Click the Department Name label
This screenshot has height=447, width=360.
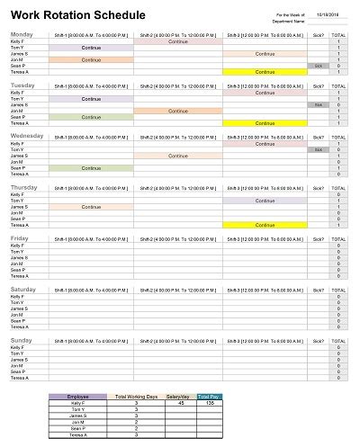[294, 22]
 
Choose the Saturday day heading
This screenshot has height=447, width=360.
[23, 290]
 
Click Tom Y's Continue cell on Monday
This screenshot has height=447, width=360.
[91, 48]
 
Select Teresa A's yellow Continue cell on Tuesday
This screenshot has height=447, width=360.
[265, 123]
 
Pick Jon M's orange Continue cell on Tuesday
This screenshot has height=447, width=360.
[178, 112]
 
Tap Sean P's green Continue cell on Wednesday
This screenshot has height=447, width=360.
[91, 168]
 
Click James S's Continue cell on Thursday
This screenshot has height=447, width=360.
[91, 207]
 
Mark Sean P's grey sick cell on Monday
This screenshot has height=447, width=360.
[317, 66]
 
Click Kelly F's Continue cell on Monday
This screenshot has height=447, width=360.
[178, 41]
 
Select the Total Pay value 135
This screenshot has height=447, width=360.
[208, 403]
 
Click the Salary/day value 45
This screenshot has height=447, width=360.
[181, 403]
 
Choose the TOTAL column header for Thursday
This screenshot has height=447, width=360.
[338, 189]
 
